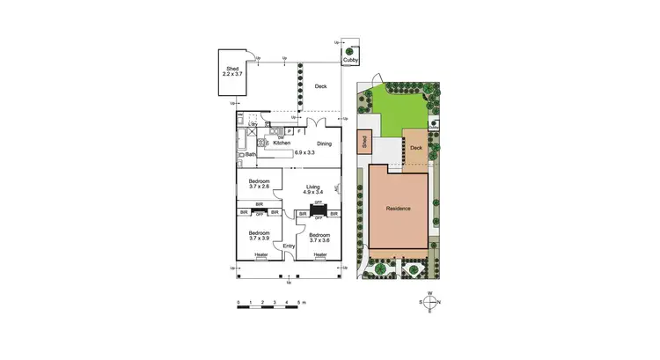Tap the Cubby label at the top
coord(349,60)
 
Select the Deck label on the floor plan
coord(321,86)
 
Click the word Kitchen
coord(282,143)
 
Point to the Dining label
coord(325,143)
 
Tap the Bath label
coord(251,155)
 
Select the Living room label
coord(313,188)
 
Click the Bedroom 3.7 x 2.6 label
coord(260,184)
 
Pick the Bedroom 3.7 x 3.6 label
coord(319,237)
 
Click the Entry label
coord(289,246)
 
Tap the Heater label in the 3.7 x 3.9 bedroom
coord(261,256)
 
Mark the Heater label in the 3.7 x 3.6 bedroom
coord(319,256)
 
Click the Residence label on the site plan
coord(399,209)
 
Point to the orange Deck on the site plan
coord(416,147)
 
